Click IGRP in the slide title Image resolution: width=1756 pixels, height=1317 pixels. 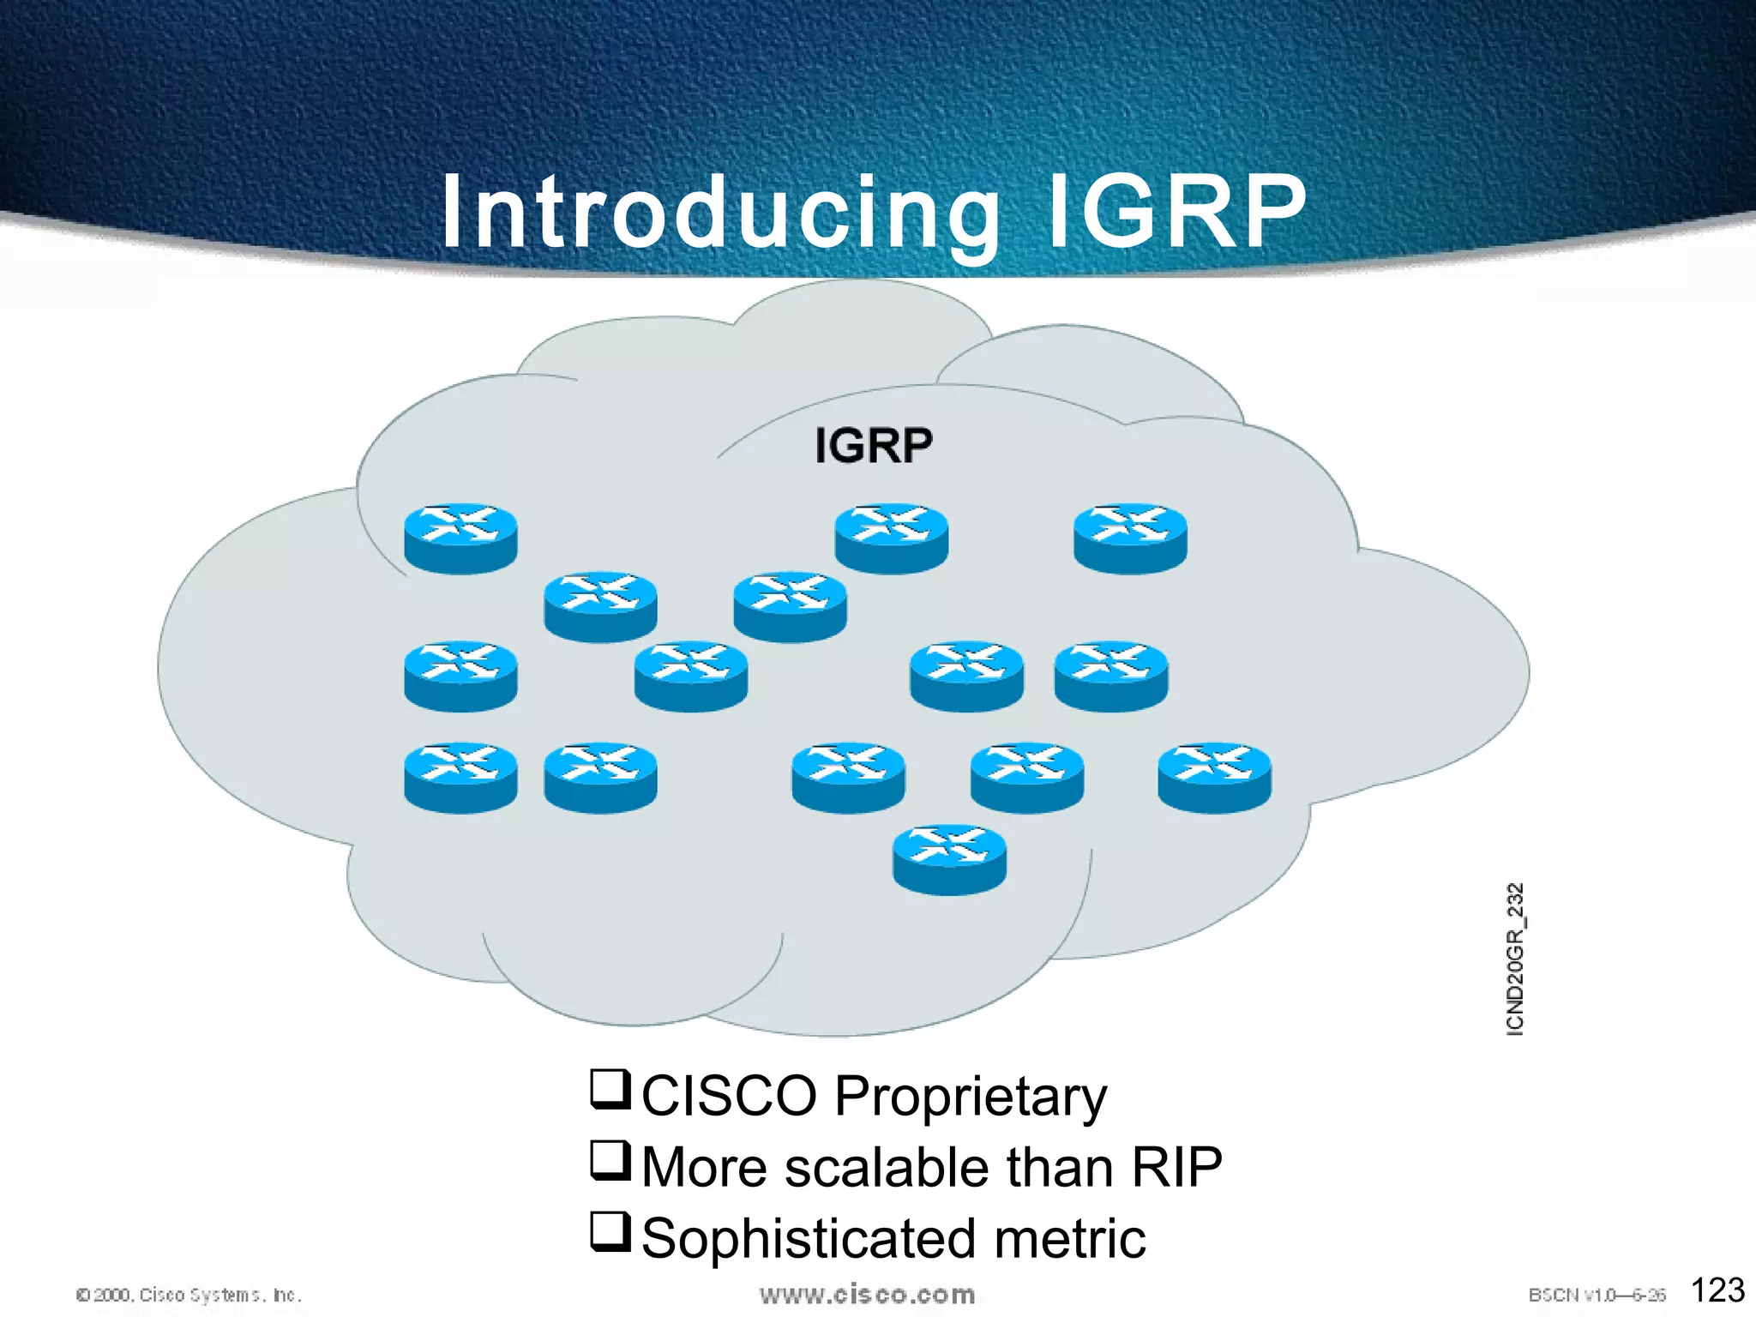point(1176,213)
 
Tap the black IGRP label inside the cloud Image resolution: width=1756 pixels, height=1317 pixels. point(873,446)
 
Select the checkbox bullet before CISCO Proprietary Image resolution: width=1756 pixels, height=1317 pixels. point(610,1090)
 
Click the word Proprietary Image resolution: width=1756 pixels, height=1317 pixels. point(970,1097)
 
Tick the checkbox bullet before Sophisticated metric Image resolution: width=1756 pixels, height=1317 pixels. point(610,1232)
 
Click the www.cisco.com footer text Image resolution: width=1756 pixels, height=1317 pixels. point(867,1295)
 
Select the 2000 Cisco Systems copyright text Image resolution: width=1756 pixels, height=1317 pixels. point(189,1295)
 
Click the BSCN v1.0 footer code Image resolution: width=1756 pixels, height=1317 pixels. point(1597,1295)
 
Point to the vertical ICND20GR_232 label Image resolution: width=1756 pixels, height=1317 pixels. point(1515,959)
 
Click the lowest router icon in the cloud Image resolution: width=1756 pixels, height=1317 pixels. point(949,860)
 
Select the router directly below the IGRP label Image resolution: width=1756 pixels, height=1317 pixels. point(891,538)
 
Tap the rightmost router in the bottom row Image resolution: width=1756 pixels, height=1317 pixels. point(1214,777)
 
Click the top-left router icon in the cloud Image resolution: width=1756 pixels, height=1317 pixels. point(460,538)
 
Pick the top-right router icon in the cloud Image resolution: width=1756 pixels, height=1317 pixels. point(1130,538)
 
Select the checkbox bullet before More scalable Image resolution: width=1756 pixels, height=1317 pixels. point(610,1161)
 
